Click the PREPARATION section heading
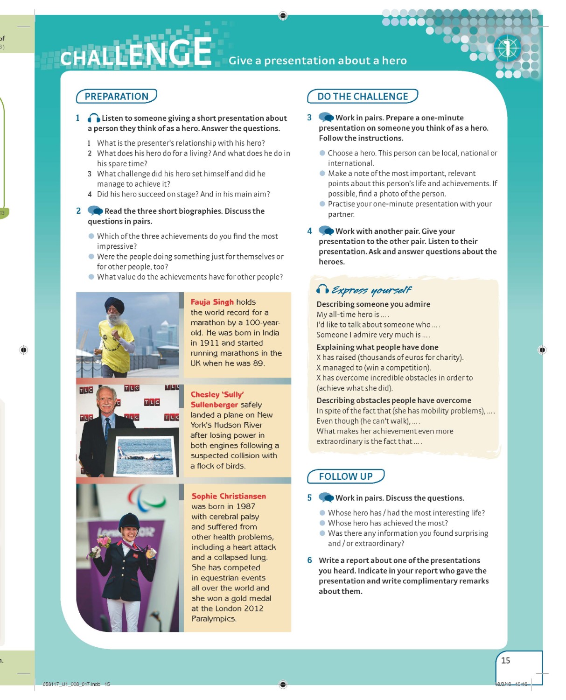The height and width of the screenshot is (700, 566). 116,96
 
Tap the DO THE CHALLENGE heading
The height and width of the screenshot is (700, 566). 362,96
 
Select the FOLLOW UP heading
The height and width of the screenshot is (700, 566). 345,476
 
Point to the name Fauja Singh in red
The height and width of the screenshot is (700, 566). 212,302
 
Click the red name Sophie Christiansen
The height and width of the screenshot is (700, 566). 229,496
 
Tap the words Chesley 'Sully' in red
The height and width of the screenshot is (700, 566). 217,394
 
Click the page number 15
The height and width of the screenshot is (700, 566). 505,660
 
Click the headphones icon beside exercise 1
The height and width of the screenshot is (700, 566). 94,118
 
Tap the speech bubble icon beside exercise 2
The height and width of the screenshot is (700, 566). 95,210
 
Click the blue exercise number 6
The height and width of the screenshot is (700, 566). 309,560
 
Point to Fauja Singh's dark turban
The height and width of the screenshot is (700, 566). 114,305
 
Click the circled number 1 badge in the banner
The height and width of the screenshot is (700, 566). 507,48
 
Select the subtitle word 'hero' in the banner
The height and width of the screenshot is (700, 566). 394,61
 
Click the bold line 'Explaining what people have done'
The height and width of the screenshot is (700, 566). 377,347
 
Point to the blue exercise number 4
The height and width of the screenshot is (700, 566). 309,231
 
